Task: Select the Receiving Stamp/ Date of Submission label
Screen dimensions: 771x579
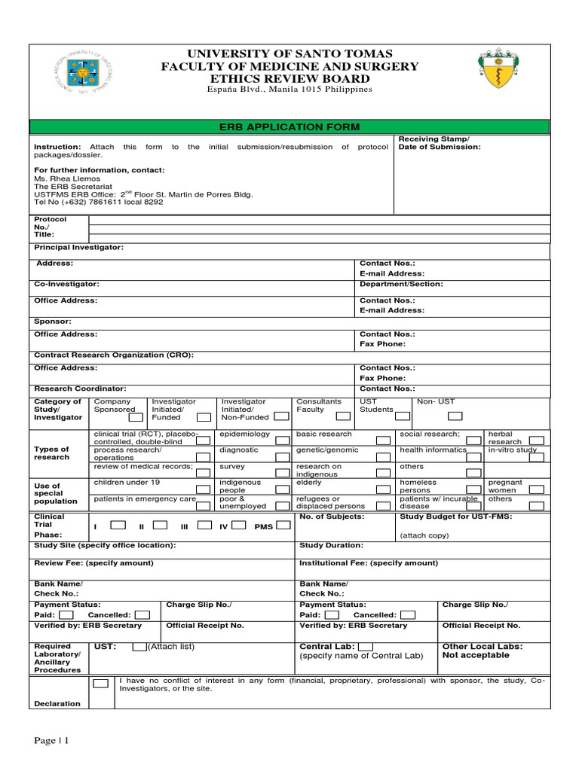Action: (x=439, y=143)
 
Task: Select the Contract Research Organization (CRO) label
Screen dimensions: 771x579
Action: (x=114, y=354)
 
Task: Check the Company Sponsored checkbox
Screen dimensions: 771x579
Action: (x=135, y=417)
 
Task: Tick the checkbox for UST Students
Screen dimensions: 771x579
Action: (x=403, y=415)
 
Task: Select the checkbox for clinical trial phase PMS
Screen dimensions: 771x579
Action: (x=283, y=526)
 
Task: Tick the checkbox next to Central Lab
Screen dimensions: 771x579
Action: (x=365, y=646)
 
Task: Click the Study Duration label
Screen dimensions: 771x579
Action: (x=331, y=544)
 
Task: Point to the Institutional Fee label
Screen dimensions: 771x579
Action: (x=368, y=562)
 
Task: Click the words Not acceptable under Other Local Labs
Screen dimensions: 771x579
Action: (x=476, y=655)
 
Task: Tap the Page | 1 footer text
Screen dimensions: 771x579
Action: (x=51, y=741)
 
